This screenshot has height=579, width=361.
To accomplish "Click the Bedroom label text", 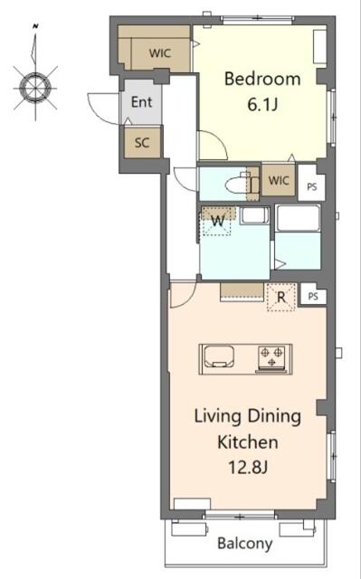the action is (262, 79).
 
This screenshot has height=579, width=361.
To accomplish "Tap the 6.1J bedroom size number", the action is (262, 105).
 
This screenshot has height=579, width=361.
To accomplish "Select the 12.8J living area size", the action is (248, 468).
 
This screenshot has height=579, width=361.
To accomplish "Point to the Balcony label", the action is (244, 543).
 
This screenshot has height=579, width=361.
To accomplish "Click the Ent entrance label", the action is (141, 102).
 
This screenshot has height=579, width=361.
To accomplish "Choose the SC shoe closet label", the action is (142, 143).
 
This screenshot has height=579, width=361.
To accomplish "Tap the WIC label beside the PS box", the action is (279, 181).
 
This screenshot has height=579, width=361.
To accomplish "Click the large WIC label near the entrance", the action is (160, 53).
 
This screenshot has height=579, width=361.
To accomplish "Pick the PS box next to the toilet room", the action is (312, 186).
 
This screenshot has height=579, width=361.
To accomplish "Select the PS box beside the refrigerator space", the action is (313, 296).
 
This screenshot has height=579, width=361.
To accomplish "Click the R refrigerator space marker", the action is (281, 298).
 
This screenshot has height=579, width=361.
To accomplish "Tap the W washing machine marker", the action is (218, 221).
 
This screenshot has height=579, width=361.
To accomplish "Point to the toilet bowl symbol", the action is (238, 185).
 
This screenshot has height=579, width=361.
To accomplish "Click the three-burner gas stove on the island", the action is (271, 357).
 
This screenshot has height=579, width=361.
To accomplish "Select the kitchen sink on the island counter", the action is (219, 356).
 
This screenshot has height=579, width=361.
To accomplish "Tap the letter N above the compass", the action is (36, 26).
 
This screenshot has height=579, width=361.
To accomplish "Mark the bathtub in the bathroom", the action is (299, 218).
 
